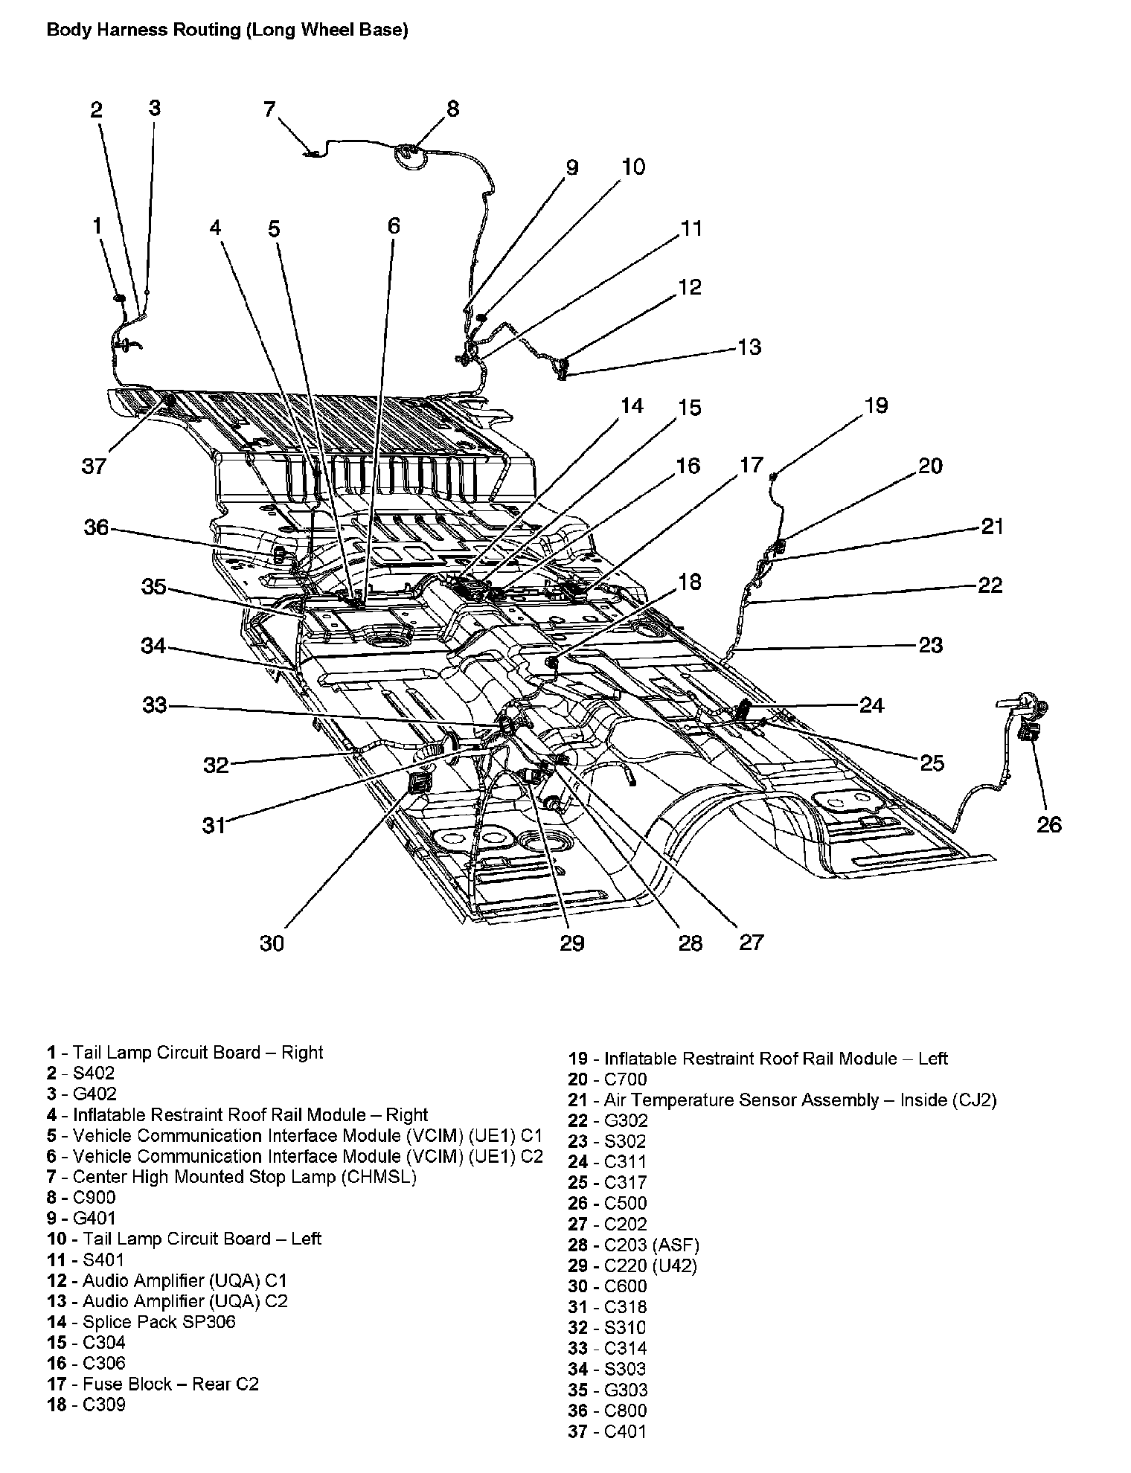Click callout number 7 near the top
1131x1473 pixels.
269,110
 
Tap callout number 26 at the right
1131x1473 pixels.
1049,824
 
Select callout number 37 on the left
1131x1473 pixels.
94,466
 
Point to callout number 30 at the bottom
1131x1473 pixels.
272,943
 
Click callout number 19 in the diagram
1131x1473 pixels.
876,405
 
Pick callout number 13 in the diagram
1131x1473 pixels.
750,347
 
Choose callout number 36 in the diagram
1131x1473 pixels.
97,527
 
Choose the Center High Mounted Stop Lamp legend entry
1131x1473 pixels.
244,1176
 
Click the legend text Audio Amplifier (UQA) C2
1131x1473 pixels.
185,1301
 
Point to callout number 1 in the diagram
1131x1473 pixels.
97,225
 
